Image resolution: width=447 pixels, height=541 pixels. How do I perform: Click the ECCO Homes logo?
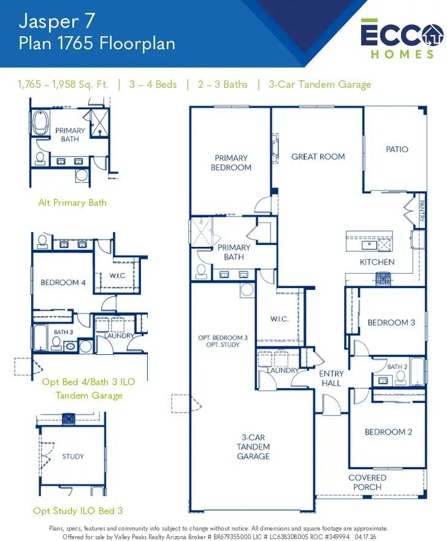[402, 39]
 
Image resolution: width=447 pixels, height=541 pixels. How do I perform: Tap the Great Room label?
[318, 157]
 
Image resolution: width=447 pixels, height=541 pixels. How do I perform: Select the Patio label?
[397, 149]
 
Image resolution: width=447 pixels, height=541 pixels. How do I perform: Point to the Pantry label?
[421, 211]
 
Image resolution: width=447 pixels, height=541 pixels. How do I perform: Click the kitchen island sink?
[369, 245]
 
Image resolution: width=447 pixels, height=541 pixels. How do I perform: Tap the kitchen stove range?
[383, 279]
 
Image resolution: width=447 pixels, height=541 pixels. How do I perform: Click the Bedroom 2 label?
[388, 432]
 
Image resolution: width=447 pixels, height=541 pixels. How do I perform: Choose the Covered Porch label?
[367, 482]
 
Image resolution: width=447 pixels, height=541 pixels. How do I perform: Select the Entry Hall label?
[331, 378]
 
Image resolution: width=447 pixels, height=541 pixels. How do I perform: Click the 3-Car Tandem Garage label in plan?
[253, 447]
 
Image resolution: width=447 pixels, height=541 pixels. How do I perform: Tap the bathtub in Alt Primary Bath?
[40, 122]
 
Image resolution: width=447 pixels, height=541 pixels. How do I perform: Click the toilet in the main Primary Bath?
[201, 271]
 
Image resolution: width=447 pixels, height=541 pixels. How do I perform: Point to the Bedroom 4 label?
[63, 282]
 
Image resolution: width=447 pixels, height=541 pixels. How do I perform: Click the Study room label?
[73, 456]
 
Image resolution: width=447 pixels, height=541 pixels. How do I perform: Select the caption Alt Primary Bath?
[72, 203]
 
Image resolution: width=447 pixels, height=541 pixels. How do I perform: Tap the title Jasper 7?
[56, 21]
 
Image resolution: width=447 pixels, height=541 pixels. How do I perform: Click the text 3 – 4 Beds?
[153, 85]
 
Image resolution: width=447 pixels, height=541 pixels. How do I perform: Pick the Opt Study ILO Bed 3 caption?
[78, 511]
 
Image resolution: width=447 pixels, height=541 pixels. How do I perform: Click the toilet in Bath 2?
[400, 378]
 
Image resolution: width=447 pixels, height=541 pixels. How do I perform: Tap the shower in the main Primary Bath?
[202, 232]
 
